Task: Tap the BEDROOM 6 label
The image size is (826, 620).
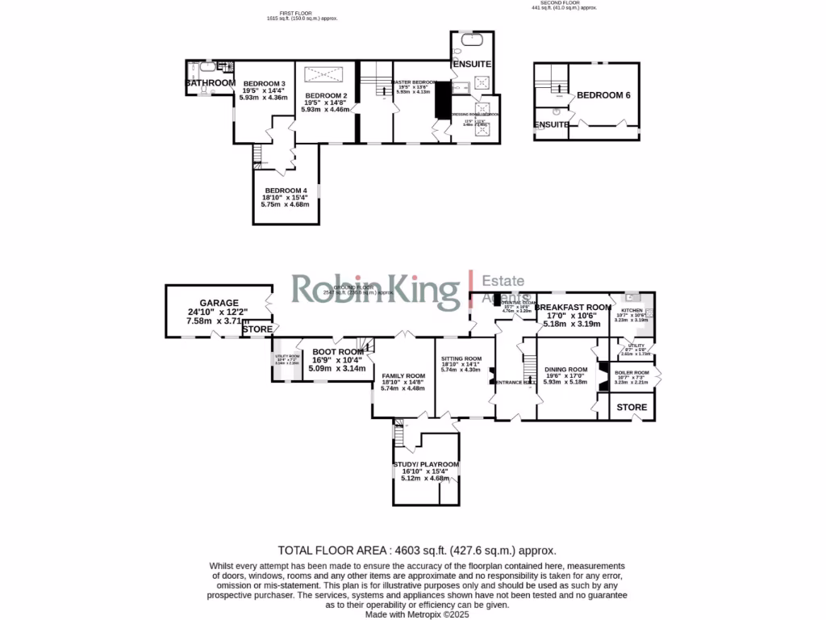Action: pyautogui.click(x=603, y=95)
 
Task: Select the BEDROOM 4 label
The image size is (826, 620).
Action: pyautogui.click(x=286, y=191)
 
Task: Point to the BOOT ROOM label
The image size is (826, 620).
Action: pyautogui.click(x=338, y=351)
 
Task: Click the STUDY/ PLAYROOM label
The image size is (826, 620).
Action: pyautogui.click(x=426, y=464)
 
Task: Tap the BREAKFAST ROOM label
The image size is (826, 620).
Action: pyautogui.click(x=573, y=308)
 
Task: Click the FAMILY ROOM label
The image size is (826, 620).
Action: pyautogui.click(x=403, y=376)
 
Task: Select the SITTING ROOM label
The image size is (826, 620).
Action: pyautogui.click(x=461, y=358)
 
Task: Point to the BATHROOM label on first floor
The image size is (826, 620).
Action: pyautogui.click(x=211, y=83)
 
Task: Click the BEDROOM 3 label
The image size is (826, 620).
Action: pyautogui.click(x=265, y=83)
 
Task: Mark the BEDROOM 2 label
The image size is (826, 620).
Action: pyautogui.click(x=325, y=95)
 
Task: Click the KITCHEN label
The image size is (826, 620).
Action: pyautogui.click(x=632, y=309)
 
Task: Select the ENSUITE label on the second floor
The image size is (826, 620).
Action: pyautogui.click(x=552, y=124)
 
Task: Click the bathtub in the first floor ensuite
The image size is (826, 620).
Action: pyautogui.click(x=469, y=40)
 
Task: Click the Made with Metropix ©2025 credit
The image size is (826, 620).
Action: pyautogui.click(x=416, y=614)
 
